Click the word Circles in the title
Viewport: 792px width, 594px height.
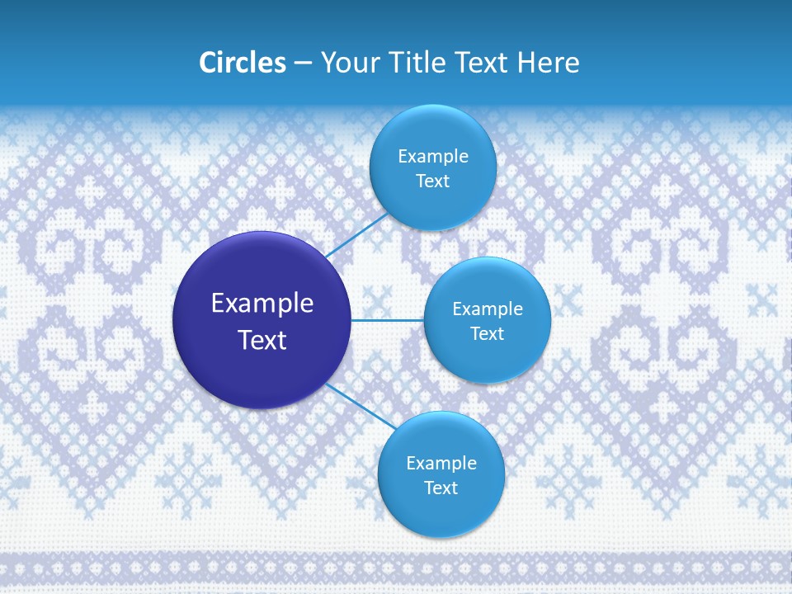coord(243,63)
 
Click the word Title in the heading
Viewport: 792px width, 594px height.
coord(414,63)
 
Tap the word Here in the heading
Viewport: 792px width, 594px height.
coord(548,63)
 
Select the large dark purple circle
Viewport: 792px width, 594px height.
coord(262,320)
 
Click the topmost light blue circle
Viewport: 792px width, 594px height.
coord(432,167)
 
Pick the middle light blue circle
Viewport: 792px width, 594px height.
coord(487,320)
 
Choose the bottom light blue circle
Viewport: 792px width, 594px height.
coord(441,474)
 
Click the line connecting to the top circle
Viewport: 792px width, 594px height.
coord(356,236)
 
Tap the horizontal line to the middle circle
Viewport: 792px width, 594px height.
coord(387,320)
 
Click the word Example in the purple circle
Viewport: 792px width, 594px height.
coord(262,304)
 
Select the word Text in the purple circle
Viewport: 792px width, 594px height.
coord(262,340)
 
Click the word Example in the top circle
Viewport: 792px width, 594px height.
coord(432,156)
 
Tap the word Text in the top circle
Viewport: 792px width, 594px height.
coord(432,181)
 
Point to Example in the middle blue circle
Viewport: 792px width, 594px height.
coord(487,309)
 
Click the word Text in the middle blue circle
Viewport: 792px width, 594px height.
coord(487,333)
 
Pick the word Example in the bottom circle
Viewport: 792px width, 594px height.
coord(441,463)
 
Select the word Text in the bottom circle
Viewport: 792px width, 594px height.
coord(441,488)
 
